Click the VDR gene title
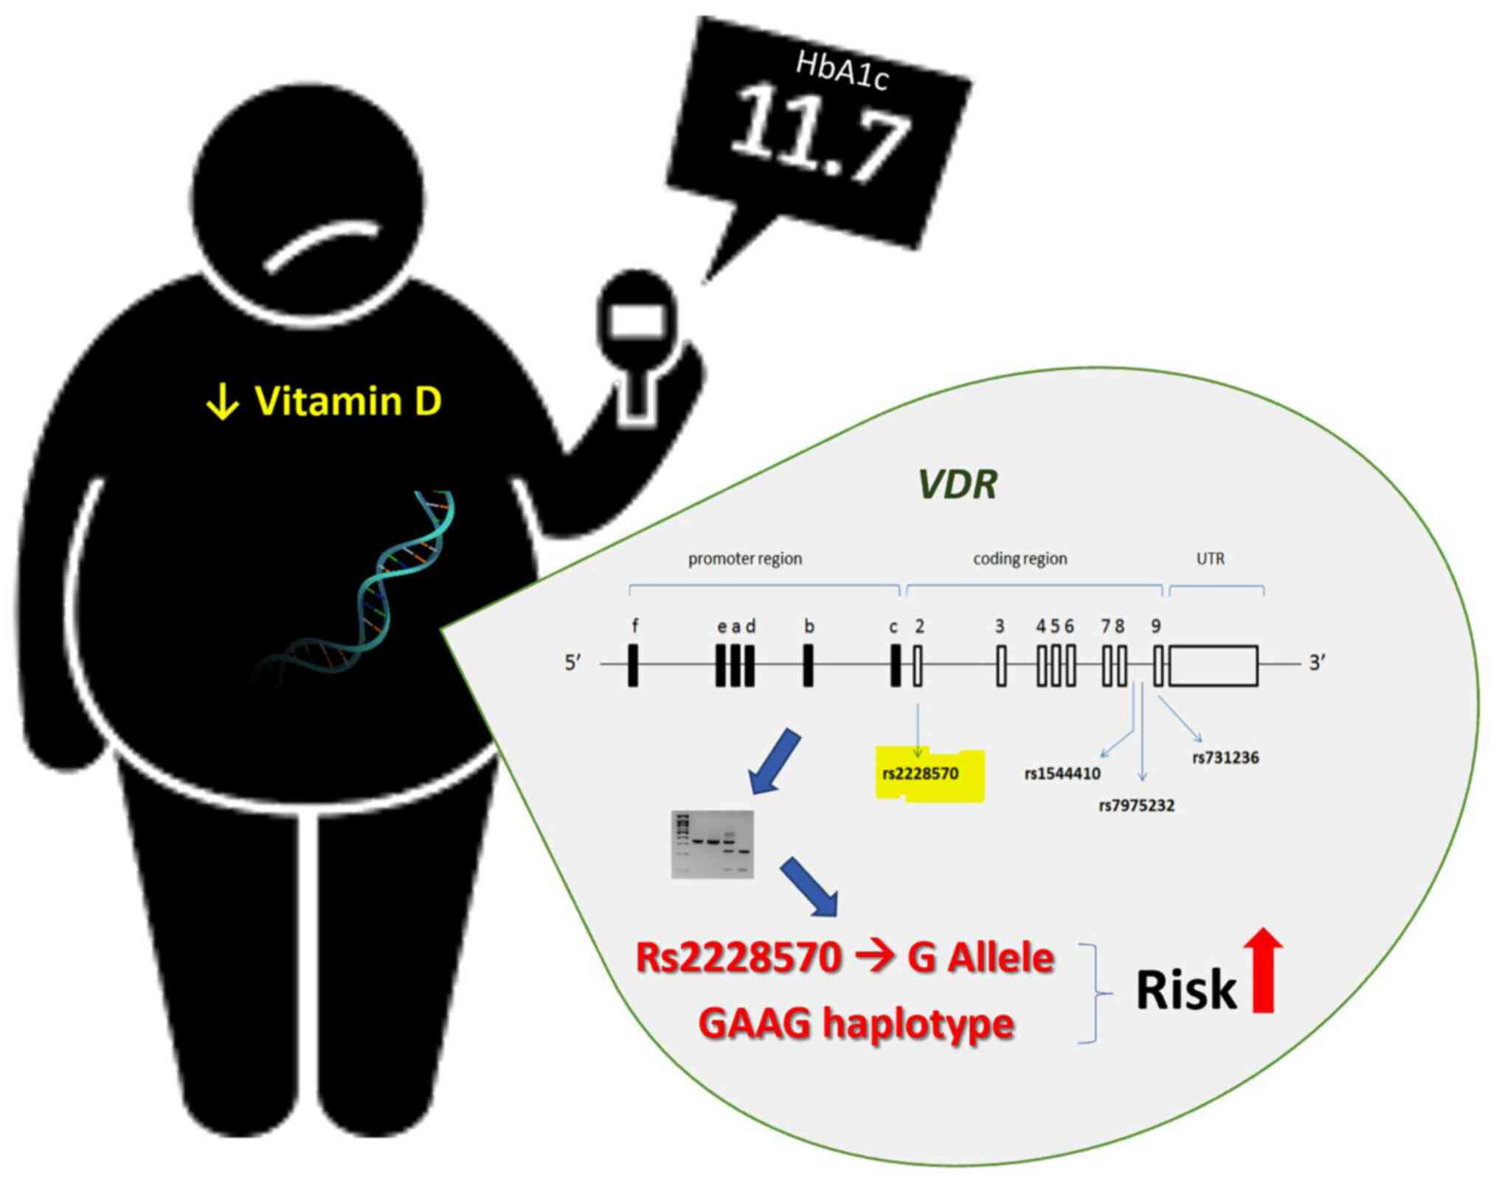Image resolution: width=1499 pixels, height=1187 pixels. coord(957,484)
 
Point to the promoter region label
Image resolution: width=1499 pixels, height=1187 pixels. coord(744,559)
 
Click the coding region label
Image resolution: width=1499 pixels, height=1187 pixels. coord(1019,559)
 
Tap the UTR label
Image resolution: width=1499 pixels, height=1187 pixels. coord(1210,559)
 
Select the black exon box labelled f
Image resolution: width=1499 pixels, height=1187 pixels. coord(633,665)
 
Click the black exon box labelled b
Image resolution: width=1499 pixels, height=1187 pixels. coord(809,665)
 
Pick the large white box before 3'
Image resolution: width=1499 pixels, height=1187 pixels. coord(1214,666)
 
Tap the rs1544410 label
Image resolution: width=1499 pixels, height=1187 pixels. coord(1062,773)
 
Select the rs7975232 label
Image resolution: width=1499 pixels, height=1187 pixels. coord(1136,806)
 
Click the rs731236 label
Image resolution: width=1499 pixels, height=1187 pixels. coord(1225,757)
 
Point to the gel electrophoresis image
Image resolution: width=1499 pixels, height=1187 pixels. coord(712,844)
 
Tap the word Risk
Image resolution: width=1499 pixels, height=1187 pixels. coord(1185,989)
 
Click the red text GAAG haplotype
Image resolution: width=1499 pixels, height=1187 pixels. coord(856,1023)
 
